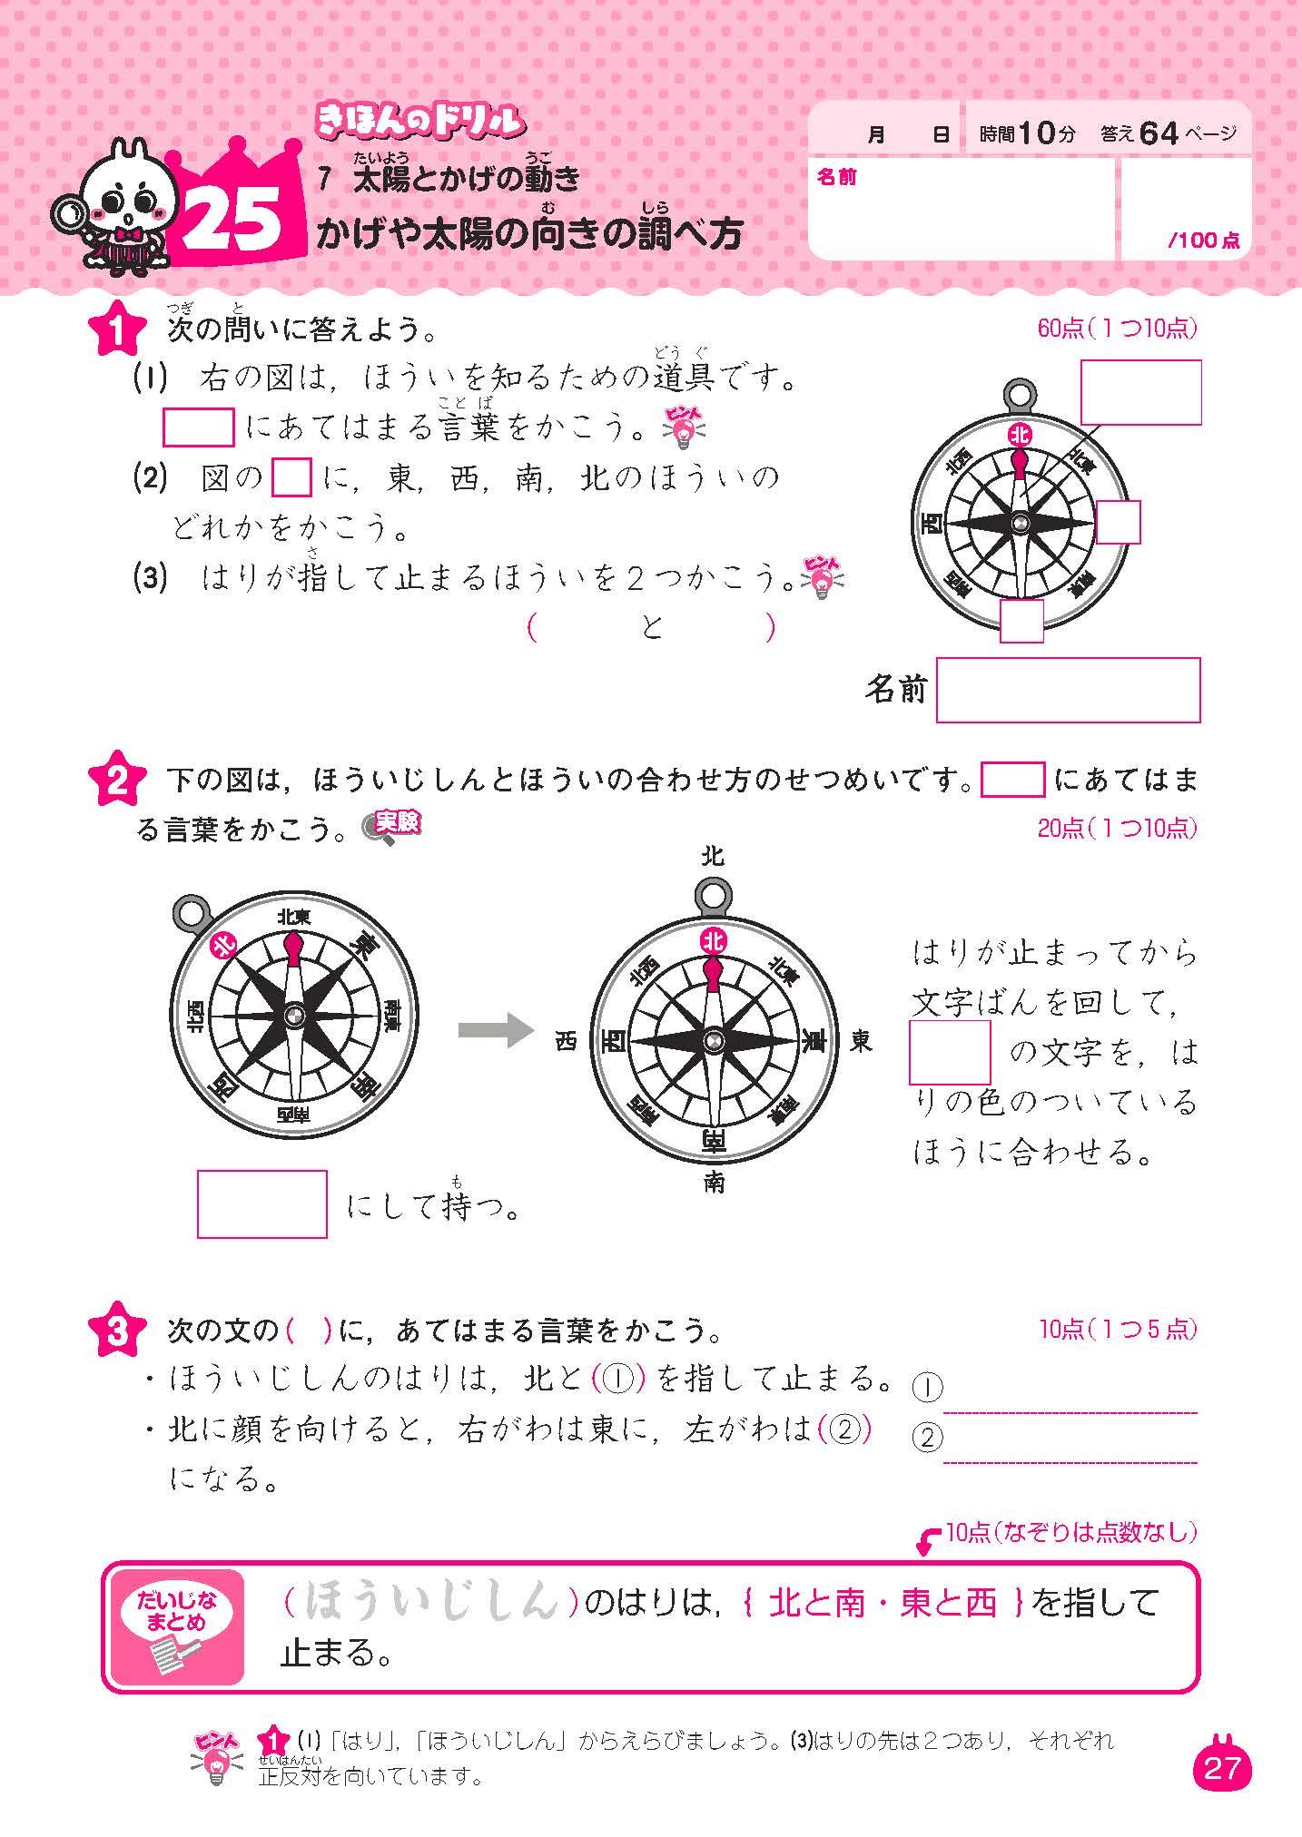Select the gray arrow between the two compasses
[x=494, y=1029]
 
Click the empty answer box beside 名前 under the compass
[x=1068, y=691]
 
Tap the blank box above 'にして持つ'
[x=262, y=1203]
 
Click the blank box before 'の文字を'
[x=950, y=1052]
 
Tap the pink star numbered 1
[x=119, y=330]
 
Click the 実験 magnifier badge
[x=392, y=826]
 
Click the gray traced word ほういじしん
[x=429, y=1604]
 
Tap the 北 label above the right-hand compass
[x=713, y=856]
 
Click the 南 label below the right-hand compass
[x=714, y=1184]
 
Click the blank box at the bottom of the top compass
[x=1021, y=621]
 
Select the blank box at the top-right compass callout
[x=1140, y=392]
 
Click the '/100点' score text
[x=1204, y=241]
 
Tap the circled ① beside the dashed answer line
[x=926, y=1387]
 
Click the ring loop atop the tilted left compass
[x=190, y=911]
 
